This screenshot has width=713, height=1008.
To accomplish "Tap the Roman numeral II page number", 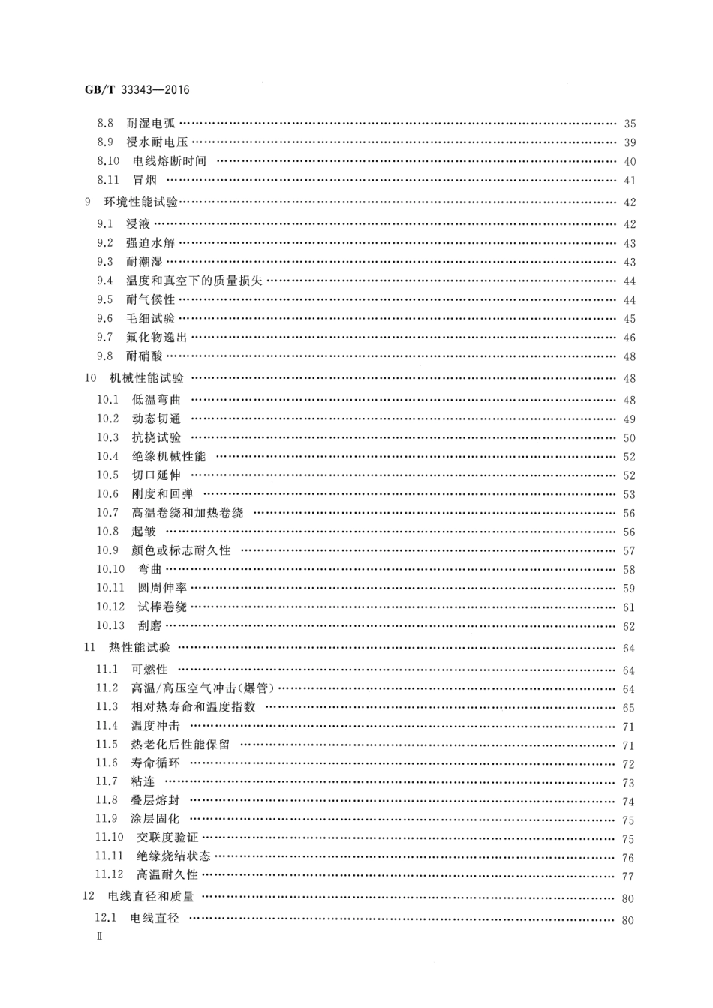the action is coord(98,937).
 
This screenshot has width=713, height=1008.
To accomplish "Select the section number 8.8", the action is coord(105,124).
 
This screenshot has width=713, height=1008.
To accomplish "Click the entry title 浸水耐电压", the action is coord(157,142).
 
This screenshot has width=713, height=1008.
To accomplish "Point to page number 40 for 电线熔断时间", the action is coord(629,162).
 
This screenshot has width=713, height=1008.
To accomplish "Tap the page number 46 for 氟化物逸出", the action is coord(629,338).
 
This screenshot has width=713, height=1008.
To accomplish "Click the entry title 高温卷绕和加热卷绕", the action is coord(188,513).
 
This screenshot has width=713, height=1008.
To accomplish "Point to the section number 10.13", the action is coord(110,626).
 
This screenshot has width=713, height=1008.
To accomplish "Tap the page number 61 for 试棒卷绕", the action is coord(629,608).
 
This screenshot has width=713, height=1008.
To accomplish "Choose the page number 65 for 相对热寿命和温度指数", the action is coord(629,708).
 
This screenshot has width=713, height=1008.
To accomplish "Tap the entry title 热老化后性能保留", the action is coord(180,745).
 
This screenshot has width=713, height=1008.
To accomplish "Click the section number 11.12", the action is coord(109,874).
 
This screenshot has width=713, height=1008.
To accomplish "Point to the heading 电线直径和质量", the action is coord(151,897).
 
